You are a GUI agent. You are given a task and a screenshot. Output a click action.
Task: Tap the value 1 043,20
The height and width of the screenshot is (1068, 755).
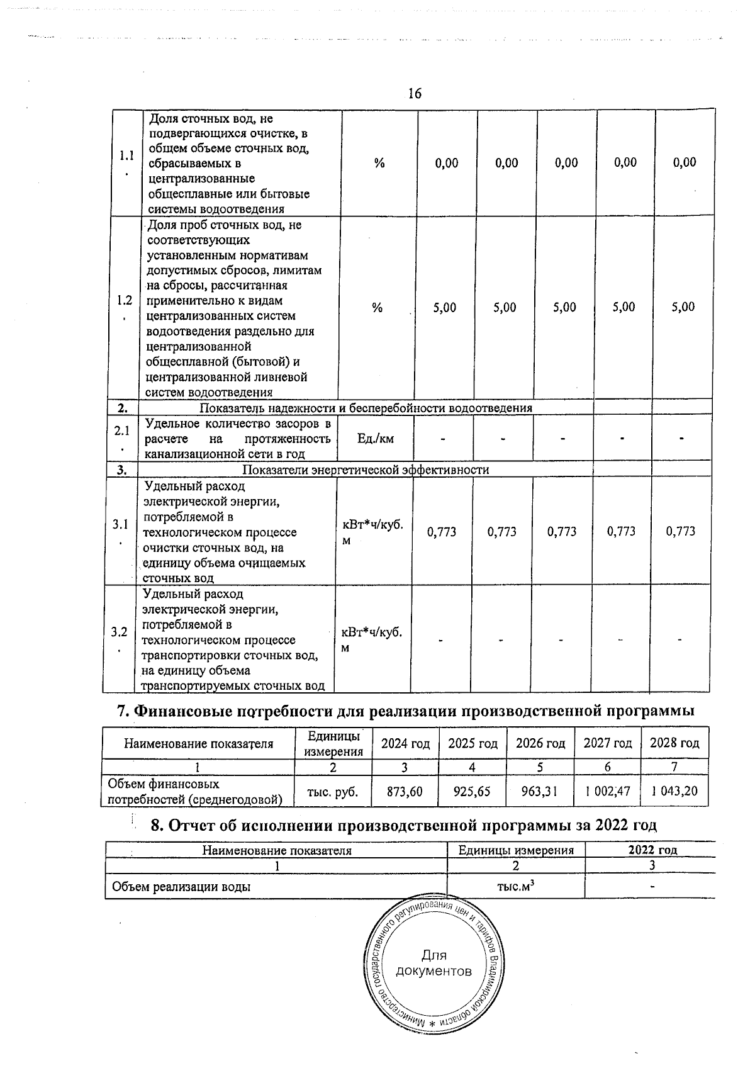pos(674,791)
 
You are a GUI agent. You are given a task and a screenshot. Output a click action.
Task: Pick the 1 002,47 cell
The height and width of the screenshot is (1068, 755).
pos(607,791)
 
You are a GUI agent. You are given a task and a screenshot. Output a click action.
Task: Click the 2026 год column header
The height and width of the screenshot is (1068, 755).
pos(540,743)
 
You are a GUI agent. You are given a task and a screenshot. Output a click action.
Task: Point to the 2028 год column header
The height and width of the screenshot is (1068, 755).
pos(674,743)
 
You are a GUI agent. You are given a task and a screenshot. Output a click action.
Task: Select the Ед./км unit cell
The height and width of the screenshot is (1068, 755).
pos(375,439)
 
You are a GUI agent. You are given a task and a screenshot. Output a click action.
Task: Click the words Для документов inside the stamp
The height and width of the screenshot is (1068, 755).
pos(434,964)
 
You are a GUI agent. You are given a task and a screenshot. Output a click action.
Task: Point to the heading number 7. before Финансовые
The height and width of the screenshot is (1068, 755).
pos(123,711)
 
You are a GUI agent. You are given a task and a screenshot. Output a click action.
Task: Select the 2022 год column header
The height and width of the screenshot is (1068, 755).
pos(652,850)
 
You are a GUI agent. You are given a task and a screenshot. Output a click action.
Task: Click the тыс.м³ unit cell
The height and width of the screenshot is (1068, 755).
pos(516,886)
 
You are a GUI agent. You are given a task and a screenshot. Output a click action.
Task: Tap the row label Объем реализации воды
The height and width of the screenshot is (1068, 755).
pos(181,887)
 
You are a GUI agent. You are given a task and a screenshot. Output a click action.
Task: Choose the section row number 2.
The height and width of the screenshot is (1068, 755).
pos(123,408)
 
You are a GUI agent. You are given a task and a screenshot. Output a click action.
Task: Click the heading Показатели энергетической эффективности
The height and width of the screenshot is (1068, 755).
pos(366,470)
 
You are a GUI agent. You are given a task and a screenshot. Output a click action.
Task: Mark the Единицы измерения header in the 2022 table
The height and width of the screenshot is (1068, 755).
pos(516,850)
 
